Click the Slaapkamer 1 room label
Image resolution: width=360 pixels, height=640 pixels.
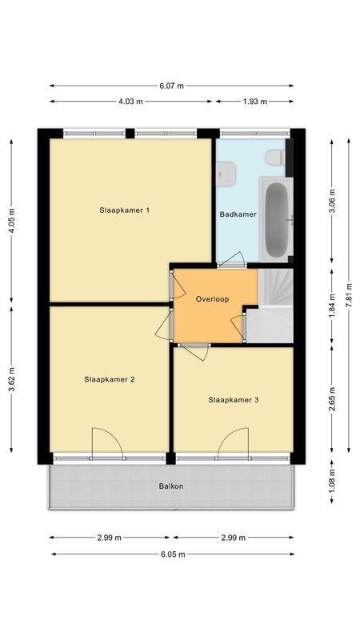coord(126,210)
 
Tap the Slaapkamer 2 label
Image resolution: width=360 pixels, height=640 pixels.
coord(109,380)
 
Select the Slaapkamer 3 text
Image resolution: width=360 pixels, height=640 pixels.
coord(234,399)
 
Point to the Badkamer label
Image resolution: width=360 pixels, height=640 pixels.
coord(238,214)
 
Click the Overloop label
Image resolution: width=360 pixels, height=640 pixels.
coord(212,299)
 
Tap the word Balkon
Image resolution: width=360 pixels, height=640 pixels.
coord(171,486)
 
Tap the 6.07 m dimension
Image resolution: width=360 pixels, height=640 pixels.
coord(171,86)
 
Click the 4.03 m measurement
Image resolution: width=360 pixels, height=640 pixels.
coord(130,102)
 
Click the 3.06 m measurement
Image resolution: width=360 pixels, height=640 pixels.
coord(332,198)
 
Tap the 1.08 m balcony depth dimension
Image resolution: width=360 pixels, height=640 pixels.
coord(332,482)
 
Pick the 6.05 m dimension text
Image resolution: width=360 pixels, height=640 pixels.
coord(171,554)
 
